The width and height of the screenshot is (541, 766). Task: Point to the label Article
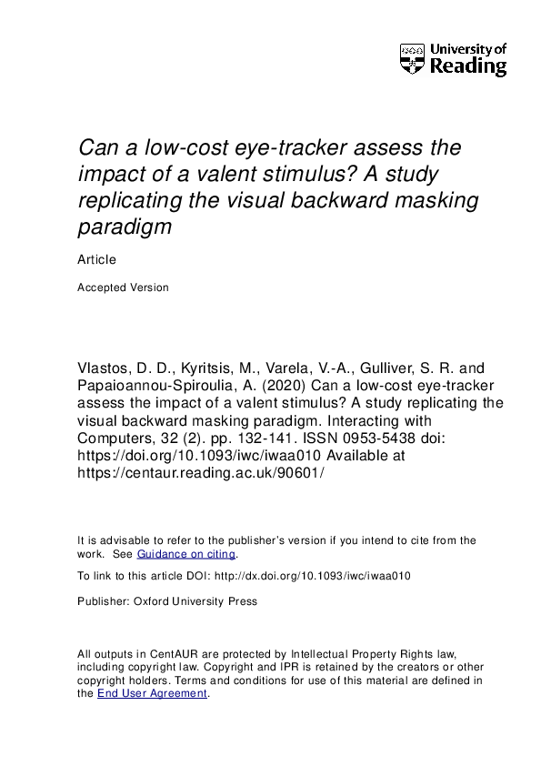pos(96,259)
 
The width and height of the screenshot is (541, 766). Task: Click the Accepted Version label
pos(123,287)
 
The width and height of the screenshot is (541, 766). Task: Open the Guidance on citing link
pos(185,554)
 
